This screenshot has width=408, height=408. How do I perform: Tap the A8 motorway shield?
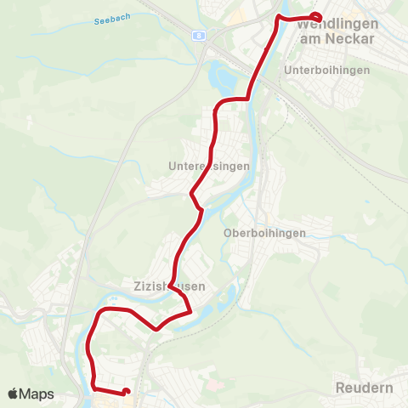199,36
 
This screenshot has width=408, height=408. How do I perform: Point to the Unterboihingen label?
328,70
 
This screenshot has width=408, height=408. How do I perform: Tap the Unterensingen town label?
208,167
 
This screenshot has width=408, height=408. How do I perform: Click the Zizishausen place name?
169,287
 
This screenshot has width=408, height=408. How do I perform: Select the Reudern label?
364,388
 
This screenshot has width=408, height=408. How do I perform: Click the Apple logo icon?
14,394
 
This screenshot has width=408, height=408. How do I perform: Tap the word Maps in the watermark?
39,394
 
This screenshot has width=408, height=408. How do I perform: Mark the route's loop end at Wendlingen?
317,17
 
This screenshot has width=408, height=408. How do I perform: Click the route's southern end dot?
126,392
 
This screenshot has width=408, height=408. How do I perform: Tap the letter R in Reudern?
341,388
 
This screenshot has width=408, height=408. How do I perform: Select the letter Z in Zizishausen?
137,287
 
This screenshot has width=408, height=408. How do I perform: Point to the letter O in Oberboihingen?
227,232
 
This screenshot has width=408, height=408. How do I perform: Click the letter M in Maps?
27,394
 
